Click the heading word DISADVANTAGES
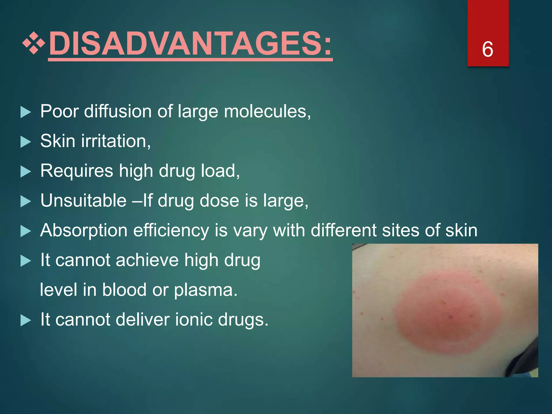[x=190, y=43]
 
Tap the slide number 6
[x=488, y=49]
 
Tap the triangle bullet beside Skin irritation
[x=26, y=142]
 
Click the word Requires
[x=77, y=171]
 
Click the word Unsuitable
[x=83, y=201]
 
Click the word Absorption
[x=84, y=231]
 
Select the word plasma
[x=205, y=290]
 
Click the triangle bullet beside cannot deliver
[x=26, y=320]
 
